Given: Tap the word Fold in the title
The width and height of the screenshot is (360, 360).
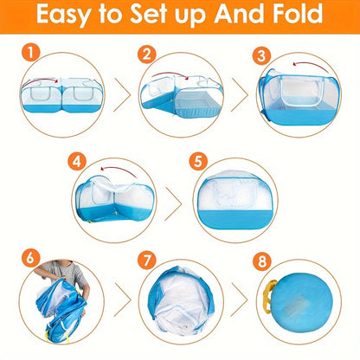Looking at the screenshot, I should click(295, 16).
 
